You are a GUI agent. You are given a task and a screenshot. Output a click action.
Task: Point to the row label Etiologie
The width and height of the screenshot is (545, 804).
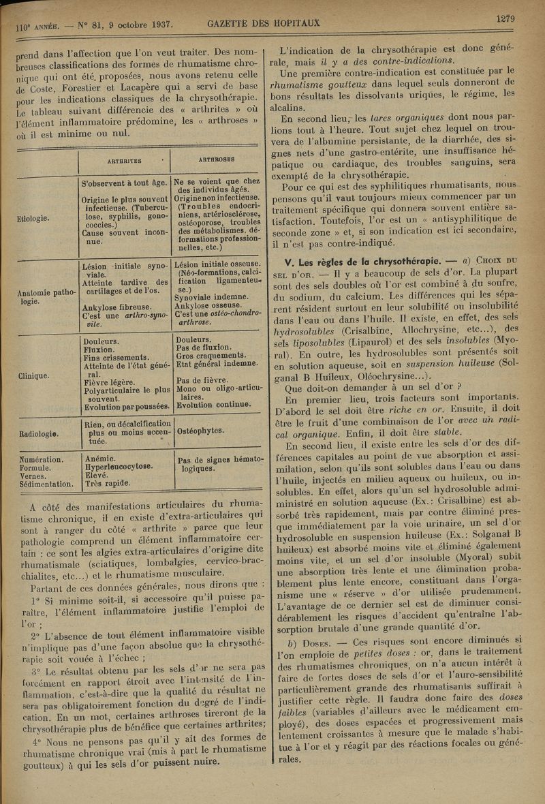[x=32, y=219]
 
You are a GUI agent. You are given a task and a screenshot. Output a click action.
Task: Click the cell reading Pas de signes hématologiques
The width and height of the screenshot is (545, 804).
[x=217, y=465]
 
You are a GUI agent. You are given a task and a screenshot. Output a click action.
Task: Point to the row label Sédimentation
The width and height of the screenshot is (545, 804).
[x=47, y=485]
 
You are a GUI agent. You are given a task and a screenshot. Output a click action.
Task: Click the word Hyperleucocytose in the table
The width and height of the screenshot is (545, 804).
[x=116, y=469]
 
